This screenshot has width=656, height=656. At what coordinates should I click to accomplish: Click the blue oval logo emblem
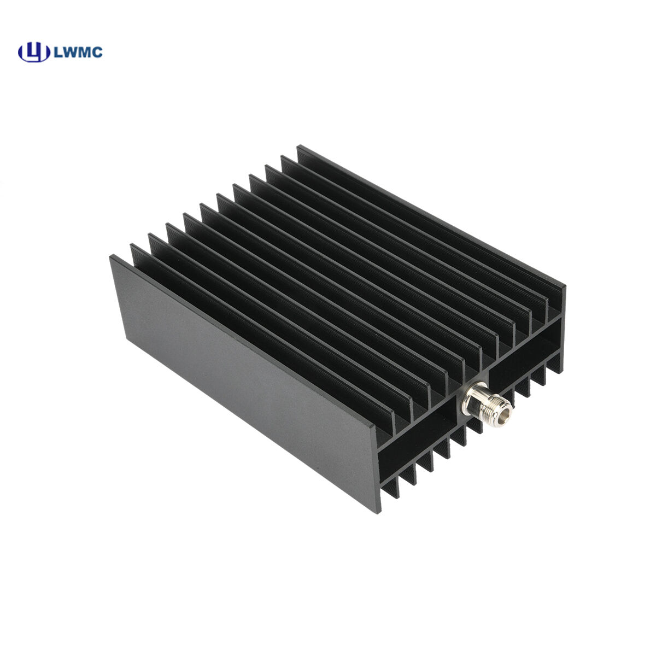[34, 52]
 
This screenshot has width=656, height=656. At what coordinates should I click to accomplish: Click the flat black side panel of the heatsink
[241, 377]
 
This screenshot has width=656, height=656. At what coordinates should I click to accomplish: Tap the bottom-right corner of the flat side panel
[377, 511]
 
